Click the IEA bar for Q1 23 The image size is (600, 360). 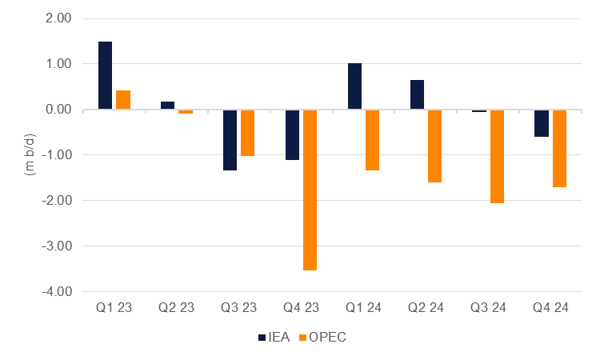[105, 75]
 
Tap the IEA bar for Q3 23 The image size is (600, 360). [230, 140]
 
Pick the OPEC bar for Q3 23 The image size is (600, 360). [247, 133]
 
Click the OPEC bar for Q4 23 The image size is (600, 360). [310, 190]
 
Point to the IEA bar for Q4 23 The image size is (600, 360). [292, 134]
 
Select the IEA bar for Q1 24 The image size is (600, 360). [354, 86]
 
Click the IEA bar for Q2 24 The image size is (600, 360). [417, 94]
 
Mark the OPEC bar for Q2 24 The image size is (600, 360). [434, 146]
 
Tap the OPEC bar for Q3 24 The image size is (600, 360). [497, 156]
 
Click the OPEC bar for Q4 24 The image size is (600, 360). [559, 148]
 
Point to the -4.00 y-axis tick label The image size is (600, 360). [56, 291]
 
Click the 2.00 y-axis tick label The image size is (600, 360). [58, 18]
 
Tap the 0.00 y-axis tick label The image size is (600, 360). [58, 110]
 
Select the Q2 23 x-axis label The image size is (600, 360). [177, 306]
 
